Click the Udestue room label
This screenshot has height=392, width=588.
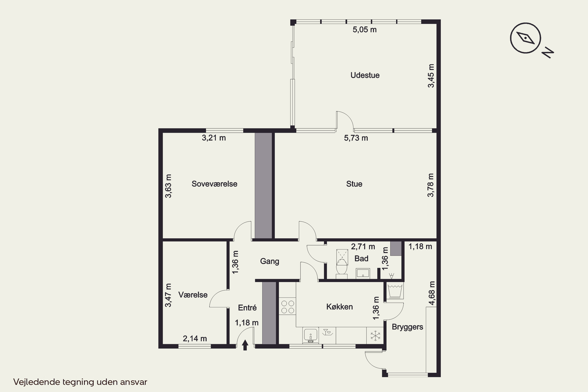click(x=365, y=75)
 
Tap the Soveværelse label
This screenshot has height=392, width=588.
click(x=214, y=184)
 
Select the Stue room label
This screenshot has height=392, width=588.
click(x=354, y=184)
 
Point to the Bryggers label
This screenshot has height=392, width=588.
click(x=407, y=327)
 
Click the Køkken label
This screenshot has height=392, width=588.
click(x=339, y=307)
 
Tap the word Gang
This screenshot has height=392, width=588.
click(x=269, y=261)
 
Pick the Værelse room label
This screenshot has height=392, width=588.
click(x=193, y=295)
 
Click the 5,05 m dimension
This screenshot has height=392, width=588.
click(x=365, y=30)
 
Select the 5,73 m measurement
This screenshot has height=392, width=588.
click(x=356, y=138)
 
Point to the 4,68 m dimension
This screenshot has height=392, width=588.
click(x=432, y=293)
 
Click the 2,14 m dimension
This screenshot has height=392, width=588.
click(x=195, y=338)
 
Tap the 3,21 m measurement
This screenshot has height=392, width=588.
click(x=214, y=138)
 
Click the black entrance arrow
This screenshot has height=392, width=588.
click(x=245, y=345)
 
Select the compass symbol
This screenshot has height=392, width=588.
click(x=525, y=38)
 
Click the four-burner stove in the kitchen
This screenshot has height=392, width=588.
click(x=288, y=307)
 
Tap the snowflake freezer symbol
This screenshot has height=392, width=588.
click(x=375, y=336)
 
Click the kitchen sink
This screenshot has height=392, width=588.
click(x=310, y=335)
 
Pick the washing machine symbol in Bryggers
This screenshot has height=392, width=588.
click(x=395, y=291)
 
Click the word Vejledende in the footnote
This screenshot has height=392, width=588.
click(x=37, y=382)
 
